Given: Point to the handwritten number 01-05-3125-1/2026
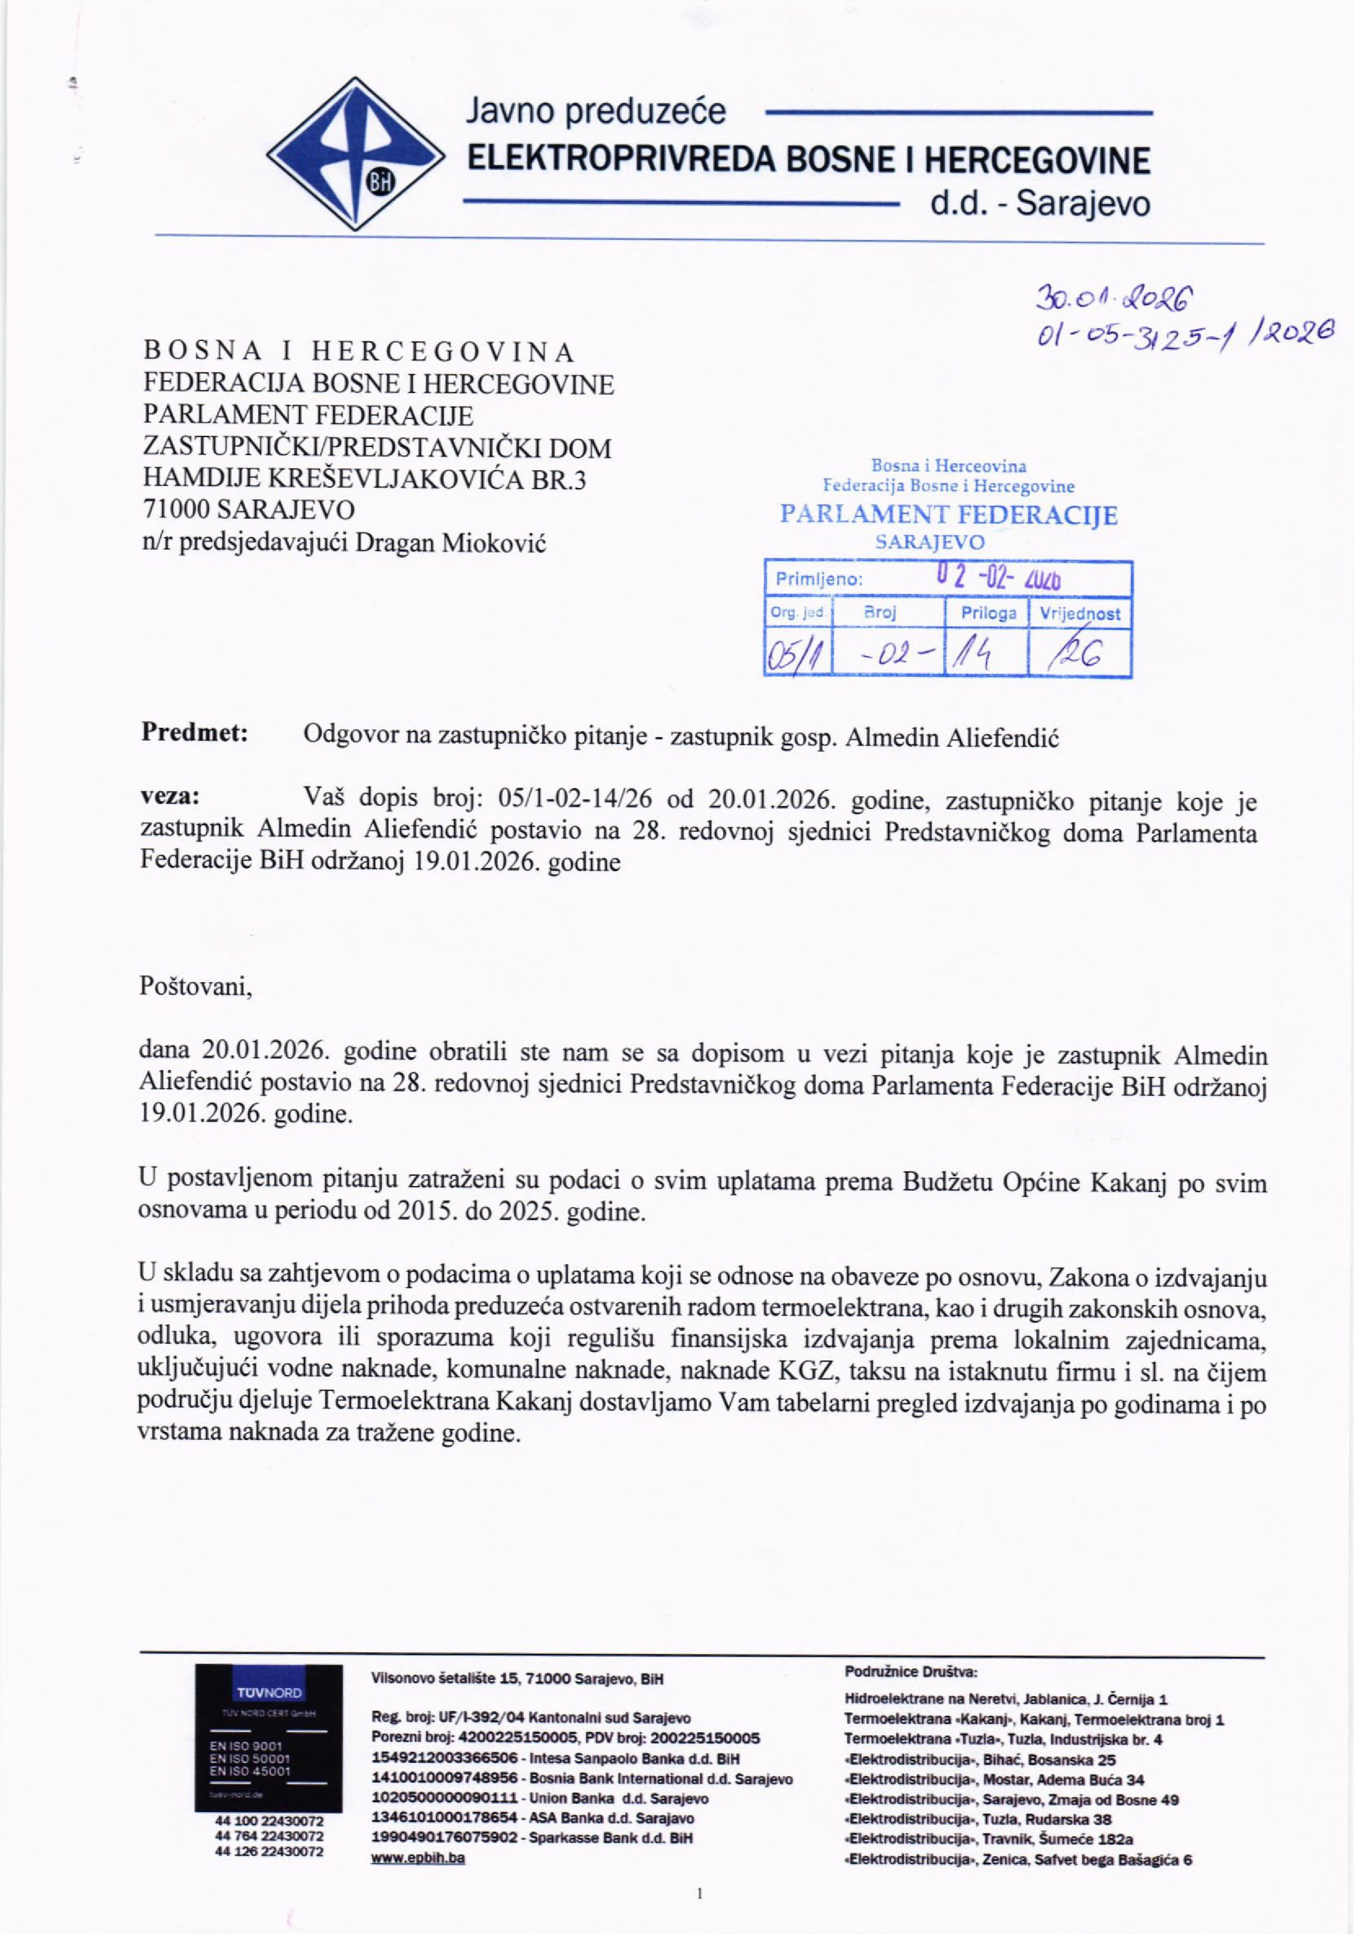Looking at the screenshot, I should [1176, 341].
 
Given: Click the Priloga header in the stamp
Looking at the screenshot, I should [989, 613].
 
